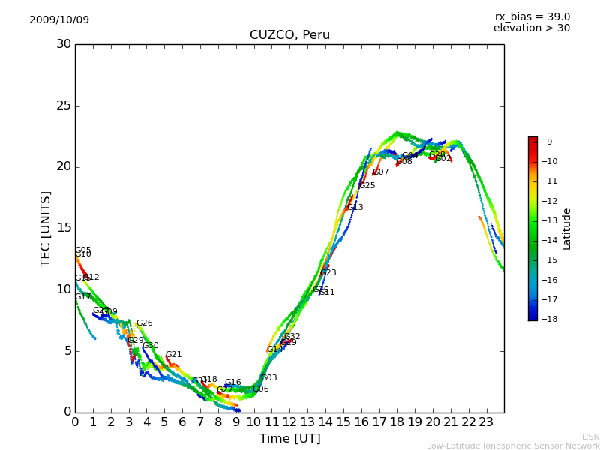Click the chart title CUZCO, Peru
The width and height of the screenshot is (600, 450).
(289, 35)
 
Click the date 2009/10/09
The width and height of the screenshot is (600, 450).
(59, 20)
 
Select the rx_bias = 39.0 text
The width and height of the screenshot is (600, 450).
(532, 17)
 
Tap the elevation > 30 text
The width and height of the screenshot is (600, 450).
(531, 28)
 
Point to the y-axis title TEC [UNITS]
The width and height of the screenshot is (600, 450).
(46, 228)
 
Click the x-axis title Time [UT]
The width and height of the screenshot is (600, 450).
(289, 438)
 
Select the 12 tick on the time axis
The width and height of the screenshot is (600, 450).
(289, 421)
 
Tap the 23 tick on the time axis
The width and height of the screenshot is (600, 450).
(486, 421)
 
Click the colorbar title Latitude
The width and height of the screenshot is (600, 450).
(567, 228)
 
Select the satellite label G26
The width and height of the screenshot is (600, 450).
(144, 323)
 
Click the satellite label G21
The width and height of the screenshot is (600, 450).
(173, 355)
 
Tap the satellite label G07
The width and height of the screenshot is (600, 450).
(381, 172)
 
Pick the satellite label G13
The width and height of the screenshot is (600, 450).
(355, 208)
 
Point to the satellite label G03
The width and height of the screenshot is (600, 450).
(268, 378)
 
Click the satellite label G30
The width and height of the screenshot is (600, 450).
(150, 346)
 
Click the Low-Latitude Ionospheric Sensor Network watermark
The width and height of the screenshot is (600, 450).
(513, 446)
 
